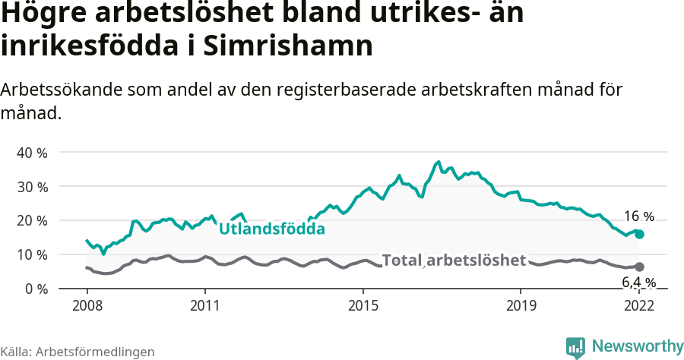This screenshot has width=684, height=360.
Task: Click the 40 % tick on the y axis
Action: [x=31, y=153]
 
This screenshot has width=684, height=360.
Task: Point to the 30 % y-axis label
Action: [x=31, y=187]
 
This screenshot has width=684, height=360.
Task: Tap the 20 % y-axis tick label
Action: [x=31, y=221]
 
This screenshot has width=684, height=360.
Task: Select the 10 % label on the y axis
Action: [x=31, y=255]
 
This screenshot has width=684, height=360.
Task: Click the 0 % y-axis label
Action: [x=34, y=289]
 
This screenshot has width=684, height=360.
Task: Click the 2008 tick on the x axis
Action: [x=87, y=306]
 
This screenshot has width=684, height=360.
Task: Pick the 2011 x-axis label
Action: [x=205, y=306]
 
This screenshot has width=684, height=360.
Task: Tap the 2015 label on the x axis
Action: [x=363, y=306]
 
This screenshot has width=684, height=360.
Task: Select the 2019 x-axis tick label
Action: [x=520, y=306]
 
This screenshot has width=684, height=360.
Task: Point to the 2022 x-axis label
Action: [x=638, y=306]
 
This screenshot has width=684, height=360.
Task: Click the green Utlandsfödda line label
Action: [x=272, y=229]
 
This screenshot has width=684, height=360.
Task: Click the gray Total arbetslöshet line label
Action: [x=454, y=261]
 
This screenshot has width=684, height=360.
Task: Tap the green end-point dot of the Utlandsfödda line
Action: [x=639, y=235]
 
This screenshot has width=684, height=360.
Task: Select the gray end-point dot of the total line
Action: [x=639, y=267]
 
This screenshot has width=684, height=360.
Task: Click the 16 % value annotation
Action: [x=638, y=216]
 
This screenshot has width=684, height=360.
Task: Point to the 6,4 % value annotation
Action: [x=638, y=283]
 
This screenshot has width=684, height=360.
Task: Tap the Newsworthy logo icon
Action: [x=575, y=347]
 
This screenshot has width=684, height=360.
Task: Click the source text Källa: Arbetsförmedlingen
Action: [x=78, y=352]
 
